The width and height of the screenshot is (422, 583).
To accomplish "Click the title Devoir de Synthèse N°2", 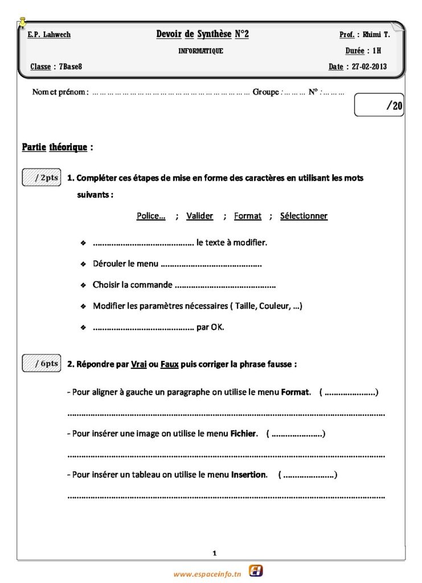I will (x=202, y=35).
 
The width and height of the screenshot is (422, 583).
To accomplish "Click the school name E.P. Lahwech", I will (x=49, y=35).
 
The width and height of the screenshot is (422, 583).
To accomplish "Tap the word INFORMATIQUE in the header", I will (x=200, y=51).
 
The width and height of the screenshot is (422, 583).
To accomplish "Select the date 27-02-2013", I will (x=369, y=67).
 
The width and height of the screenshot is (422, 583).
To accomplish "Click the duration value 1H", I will (x=377, y=51).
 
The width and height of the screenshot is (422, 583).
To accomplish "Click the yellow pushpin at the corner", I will (x=22, y=22).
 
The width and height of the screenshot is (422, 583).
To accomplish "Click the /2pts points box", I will (x=41, y=178).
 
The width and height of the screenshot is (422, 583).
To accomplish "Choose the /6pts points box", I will (x=41, y=363).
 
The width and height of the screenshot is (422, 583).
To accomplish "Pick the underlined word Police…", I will (x=151, y=216).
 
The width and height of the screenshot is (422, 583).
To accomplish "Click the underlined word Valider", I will (x=199, y=216).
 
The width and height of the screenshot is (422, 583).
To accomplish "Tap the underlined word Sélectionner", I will (x=304, y=216).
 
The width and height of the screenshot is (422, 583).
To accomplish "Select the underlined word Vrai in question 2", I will (x=138, y=364).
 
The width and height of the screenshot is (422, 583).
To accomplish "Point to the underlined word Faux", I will (x=169, y=364).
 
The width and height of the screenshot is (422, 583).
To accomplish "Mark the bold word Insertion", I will (x=248, y=475).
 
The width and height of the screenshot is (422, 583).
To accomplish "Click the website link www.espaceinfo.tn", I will (x=207, y=574).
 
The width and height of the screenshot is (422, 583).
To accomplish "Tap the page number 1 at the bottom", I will (x=214, y=553).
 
